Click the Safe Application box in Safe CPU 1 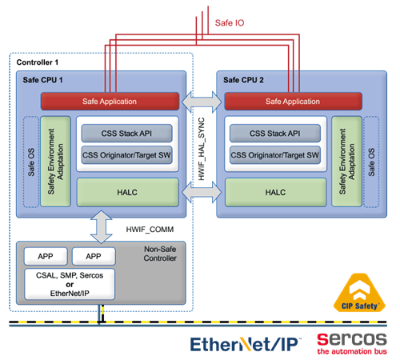coord(110,102)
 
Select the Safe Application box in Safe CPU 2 coord(293,102)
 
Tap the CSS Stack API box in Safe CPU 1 coord(126,133)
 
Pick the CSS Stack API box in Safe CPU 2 coord(275,133)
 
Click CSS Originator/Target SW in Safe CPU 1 coord(126,155)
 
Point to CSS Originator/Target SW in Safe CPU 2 coord(275,155)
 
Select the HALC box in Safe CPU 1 coord(127,192)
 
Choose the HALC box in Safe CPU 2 coord(275,192)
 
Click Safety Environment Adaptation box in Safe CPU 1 coord(55,162)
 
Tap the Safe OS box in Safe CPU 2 coord(371,162)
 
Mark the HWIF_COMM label coord(150,230)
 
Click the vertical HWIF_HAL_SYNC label coord(202,149)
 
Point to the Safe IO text coord(230,23)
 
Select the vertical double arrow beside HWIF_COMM coord(102,227)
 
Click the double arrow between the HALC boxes coord(202,192)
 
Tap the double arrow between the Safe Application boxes coord(202,102)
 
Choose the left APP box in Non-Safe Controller coord(46,256)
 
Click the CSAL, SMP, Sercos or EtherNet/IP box coord(70,284)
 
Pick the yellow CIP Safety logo coord(359,293)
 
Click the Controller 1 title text coord(38,62)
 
